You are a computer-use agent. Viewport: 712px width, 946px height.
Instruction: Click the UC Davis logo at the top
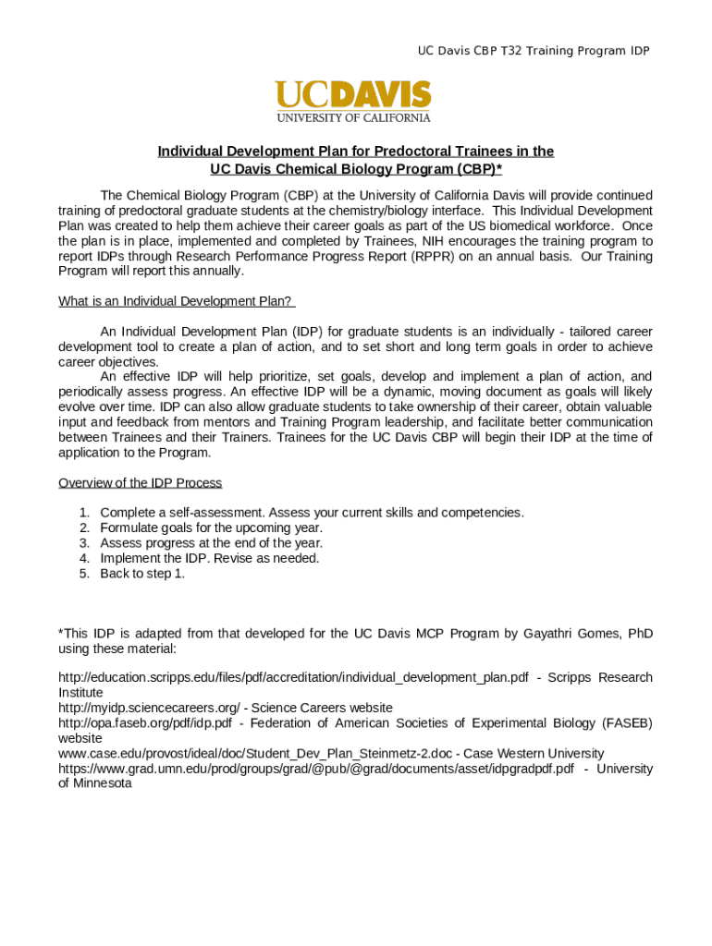pos(352,95)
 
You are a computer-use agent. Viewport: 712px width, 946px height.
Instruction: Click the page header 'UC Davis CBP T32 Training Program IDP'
pos(533,51)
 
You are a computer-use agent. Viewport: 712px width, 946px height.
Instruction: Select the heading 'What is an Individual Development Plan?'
pos(176,301)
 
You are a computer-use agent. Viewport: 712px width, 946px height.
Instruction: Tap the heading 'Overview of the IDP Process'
pos(140,483)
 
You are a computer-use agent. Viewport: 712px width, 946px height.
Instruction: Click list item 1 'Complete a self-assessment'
pos(312,513)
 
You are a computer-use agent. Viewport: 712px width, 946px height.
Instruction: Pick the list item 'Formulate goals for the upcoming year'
pos(211,528)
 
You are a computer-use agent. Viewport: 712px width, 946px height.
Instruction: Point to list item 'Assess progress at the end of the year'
pos(211,543)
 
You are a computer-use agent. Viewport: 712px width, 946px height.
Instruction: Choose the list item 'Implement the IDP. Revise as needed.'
pos(209,559)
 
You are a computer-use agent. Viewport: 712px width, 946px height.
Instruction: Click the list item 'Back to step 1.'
pos(142,574)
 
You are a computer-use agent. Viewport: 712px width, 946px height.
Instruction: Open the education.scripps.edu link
pos(293,678)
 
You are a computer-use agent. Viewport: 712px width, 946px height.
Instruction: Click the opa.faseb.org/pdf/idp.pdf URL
pos(144,723)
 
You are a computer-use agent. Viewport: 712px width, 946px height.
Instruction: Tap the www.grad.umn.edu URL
pos(315,769)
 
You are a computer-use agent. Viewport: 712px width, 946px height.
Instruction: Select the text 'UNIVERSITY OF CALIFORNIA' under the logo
pos(352,117)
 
